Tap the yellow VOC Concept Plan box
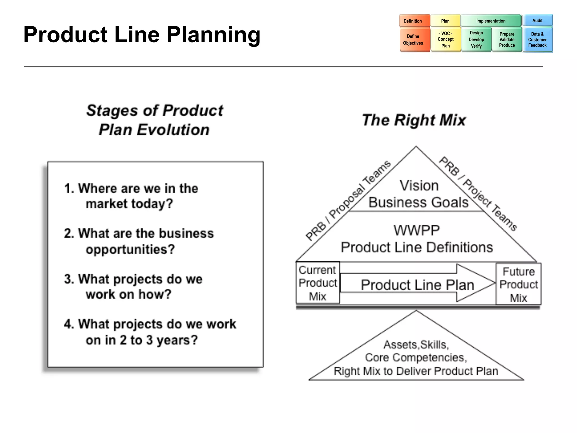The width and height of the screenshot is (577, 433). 445,39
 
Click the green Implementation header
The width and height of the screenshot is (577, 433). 491,21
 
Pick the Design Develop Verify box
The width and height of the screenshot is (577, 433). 476,39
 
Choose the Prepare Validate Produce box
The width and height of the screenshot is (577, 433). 507,39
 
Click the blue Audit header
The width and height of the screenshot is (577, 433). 537,20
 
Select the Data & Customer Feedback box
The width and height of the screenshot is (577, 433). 537,39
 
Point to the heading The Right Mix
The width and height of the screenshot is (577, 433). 414,120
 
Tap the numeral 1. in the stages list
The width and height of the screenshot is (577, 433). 69,188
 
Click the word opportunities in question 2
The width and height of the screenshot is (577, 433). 130,249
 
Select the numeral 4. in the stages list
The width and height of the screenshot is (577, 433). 69,324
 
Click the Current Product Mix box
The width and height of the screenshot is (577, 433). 318,283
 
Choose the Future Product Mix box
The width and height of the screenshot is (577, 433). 518,284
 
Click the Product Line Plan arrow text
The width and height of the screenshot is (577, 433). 418,285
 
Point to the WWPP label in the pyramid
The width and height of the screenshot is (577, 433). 416,230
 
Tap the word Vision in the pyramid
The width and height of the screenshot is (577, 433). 419,185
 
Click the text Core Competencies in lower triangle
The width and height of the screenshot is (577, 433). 416,357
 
